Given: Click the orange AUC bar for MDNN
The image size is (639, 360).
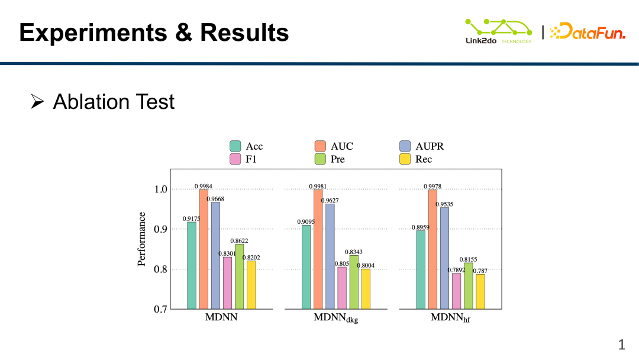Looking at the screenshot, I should point(204,249).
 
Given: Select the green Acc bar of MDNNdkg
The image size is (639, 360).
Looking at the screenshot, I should point(306,267).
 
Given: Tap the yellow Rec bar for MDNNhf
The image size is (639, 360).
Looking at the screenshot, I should point(480,291).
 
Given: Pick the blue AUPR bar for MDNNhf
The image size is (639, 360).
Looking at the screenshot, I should point(444,258).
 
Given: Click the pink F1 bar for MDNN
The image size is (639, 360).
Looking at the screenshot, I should point(227,283).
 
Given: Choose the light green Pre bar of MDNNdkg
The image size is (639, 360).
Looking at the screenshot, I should point(354,282).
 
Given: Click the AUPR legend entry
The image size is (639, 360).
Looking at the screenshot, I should point(421,146).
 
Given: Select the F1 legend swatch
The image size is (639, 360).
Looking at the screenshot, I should point(235,159).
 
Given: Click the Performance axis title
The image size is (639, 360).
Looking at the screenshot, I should point(142,239).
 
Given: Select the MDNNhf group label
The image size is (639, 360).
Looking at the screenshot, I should point(450,318).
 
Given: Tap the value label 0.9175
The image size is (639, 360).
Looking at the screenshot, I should point(191,218).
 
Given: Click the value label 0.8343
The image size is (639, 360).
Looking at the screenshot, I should point(354,252).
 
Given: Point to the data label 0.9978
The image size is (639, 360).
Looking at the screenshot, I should point(433,187).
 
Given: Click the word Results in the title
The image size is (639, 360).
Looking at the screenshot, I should point(246,33).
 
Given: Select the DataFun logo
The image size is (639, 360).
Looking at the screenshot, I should point(588,31).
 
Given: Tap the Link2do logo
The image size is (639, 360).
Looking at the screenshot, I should point(499,31).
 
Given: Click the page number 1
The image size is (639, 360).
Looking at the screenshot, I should point(622,345).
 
